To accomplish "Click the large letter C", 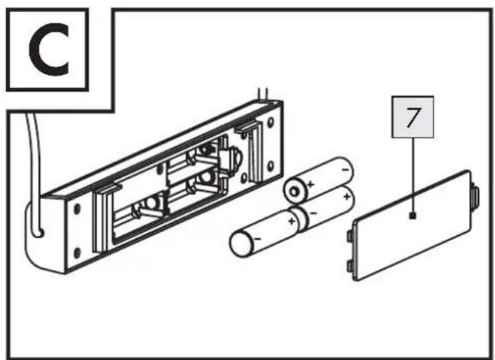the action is coord(49,49).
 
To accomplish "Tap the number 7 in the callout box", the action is coord(413,117).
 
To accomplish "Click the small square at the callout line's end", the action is coord(412,216).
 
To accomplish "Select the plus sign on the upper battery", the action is coord(310,184).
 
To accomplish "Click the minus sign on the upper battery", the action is coord(346,169).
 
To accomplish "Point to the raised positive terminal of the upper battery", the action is coord(294,191).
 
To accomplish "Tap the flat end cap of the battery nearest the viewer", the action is coord(241,244).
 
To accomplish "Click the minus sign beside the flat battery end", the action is coord(257,239).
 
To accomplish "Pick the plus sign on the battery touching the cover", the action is coord(347,197).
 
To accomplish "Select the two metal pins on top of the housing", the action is coord(263,94).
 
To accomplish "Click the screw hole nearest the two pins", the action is coord(270,123).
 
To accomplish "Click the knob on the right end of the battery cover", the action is coord(475,197).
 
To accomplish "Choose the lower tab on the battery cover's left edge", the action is coord(350,266).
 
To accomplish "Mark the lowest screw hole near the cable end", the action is coord(76,253).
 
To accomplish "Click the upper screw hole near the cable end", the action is coord(77,209).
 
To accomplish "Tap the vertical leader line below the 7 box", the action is coord(412,175).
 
